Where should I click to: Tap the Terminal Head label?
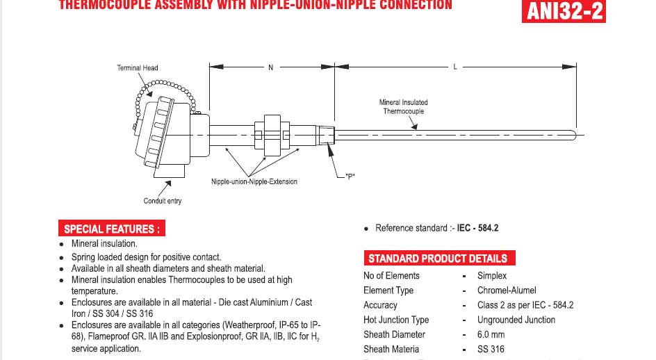coord(137,68)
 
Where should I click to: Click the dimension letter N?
coord(271,67)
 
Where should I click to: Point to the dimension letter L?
coord(455,67)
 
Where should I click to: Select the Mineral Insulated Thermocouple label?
coord(403,106)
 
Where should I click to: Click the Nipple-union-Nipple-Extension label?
coord(254,182)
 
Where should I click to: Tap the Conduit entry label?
coord(163,202)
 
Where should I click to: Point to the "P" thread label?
coord(350,177)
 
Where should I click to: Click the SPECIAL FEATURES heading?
coord(112,229)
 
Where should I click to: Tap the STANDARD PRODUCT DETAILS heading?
coord(437,259)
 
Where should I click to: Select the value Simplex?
coord(491,276)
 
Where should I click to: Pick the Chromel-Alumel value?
coord(507,291)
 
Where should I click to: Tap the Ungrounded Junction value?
coord(516,320)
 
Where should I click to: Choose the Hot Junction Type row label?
coord(395,320)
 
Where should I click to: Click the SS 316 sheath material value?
coord(491,349)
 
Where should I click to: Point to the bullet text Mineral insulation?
coord(104,244)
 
